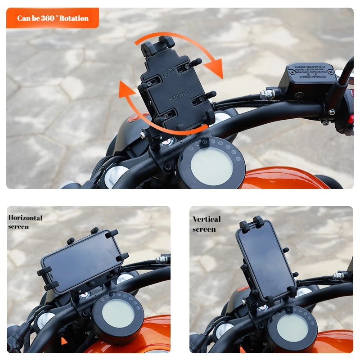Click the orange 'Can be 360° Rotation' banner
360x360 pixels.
[52, 18]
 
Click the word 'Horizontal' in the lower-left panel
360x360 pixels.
[25, 218]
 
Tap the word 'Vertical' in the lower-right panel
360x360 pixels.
[207, 219]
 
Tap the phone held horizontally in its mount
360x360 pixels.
[81, 261]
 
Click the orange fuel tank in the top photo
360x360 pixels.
[279, 178]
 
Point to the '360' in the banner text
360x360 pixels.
[47, 18]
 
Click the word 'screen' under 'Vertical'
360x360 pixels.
[204, 229]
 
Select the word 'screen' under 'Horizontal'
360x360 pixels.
[18, 226]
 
